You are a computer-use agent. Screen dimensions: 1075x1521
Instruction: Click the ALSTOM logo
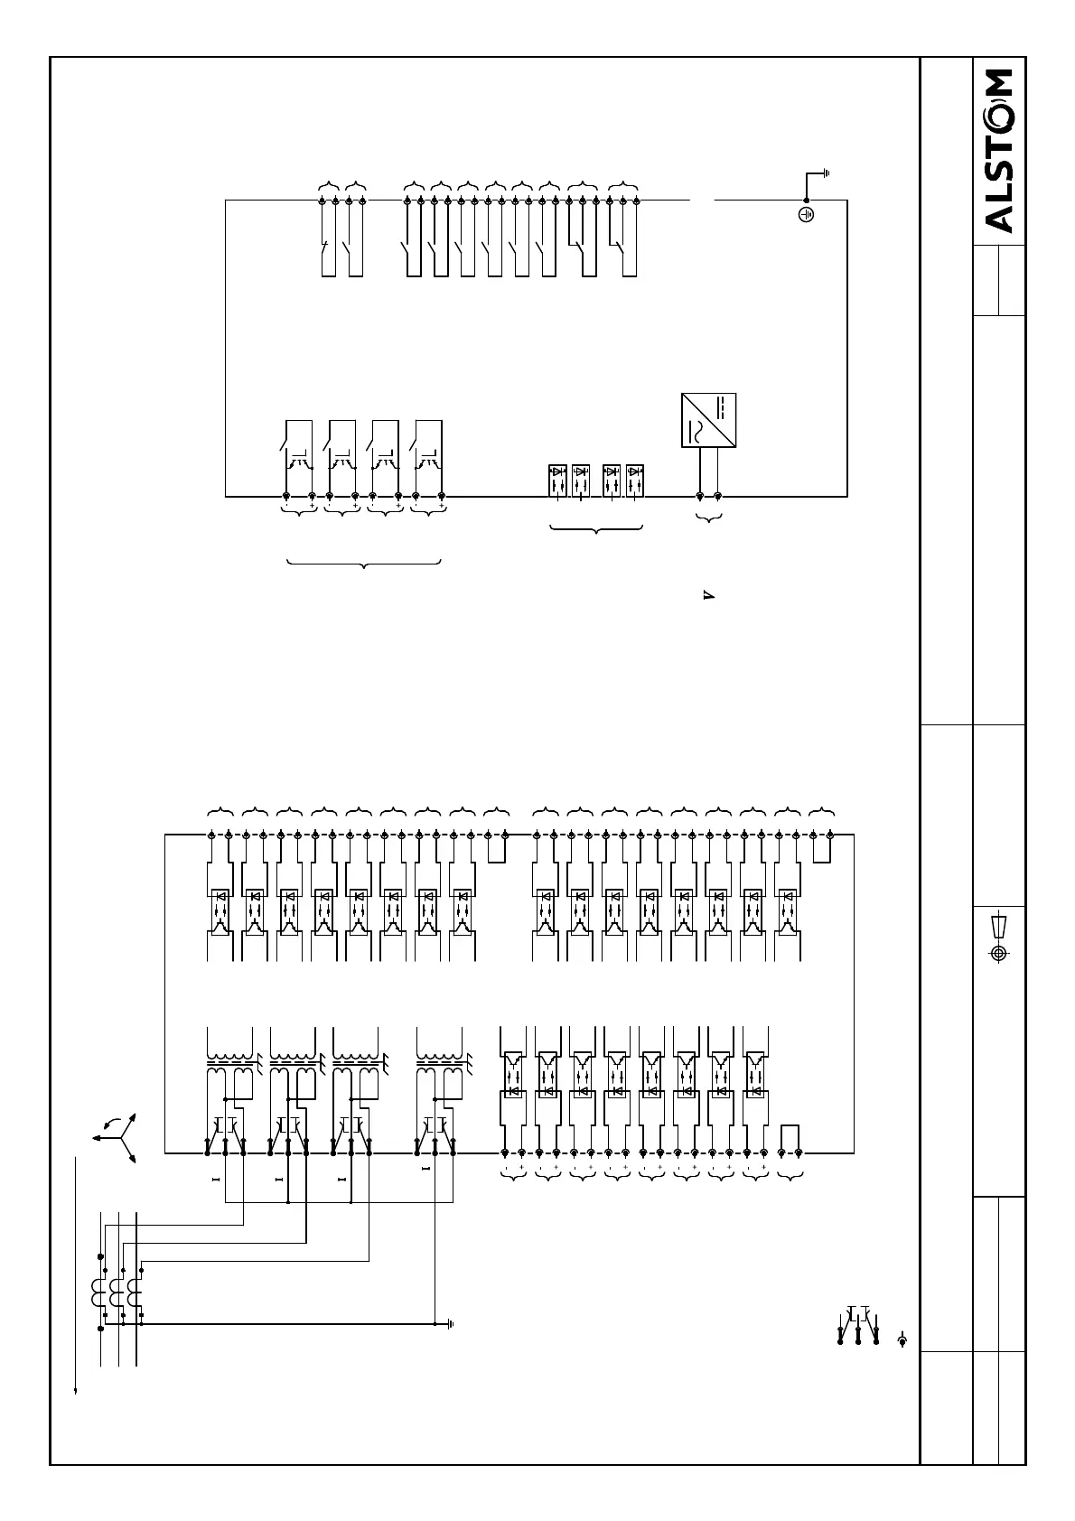pyautogui.click(x=999, y=152)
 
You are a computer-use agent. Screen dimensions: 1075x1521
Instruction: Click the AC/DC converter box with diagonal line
pyautogui.click(x=708, y=420)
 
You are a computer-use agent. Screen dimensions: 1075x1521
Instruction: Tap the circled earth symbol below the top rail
pyautogui.click(x=807, y=215)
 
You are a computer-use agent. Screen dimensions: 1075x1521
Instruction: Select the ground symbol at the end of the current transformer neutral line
pyautogui.click(x=449, y=1324)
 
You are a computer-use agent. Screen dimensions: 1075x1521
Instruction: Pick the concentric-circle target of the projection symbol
pyautogui.click(x=998, y=954)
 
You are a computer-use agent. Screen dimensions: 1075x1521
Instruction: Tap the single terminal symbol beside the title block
pyautogui.click(x=902, y=1340)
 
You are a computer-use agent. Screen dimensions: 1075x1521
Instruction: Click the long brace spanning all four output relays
pyautogui.click(x=363, y=565)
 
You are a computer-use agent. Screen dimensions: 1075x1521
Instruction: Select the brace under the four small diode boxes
pyautogui.click(x=596, y=528)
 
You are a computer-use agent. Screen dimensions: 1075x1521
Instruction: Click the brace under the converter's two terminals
pyautogui.click(x=709, y=518)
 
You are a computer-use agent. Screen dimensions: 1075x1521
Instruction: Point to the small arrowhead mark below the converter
pyautogui.click(x=708, y=595)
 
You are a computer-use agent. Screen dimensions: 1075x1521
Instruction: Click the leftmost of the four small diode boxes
pyautogui.click(x=558, y=481)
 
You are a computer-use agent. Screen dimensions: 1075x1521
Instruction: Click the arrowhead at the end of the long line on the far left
pyautogui.click(x=75, y=1391)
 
